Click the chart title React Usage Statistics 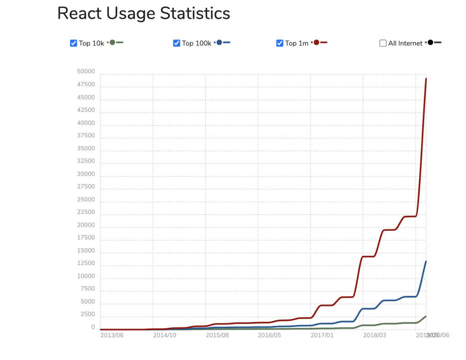[143, 14]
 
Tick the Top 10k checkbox [73, 43]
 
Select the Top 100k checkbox [177, 43]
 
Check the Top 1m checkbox [280, 43]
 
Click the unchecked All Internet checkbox [383, 43]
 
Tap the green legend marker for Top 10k [112, 42]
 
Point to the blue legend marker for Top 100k [219, 42]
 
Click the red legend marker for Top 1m [316, 42]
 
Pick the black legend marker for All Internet [430, 42]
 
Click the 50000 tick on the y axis [86, 72]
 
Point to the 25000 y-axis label [86, 199]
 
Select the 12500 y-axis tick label [86, 264]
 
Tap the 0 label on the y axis [93, 327]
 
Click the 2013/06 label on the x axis [111, 335]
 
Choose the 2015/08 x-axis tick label [217, 335]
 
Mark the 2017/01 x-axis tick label [322, 335]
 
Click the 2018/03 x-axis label [375, 335]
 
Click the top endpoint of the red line [426, 79]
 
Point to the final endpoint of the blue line [426, 261]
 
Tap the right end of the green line [426, 316]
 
